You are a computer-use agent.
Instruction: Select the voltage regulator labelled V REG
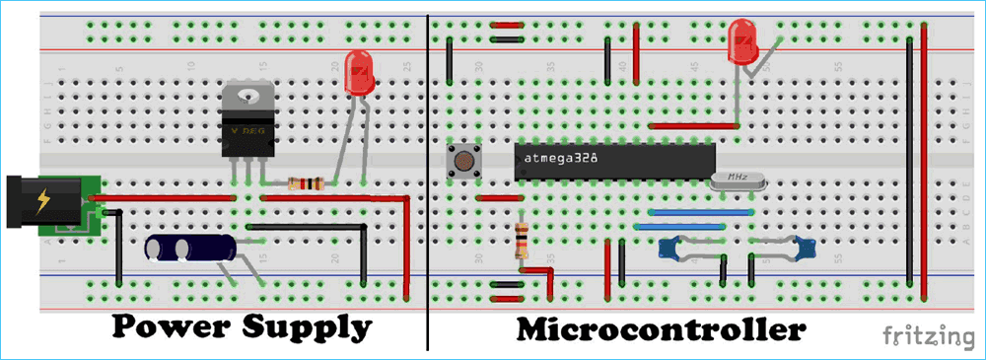[x=246, y=128]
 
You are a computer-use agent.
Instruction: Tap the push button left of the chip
[x=461, y=159]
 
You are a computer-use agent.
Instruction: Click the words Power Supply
[x=242, y=326]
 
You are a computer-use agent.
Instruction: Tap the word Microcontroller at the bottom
[x=660, y=328]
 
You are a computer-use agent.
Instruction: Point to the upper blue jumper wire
[x=690, y=211]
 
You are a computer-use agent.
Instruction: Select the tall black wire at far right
[x=906, y=158]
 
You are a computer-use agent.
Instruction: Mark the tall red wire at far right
[x=924, y=158]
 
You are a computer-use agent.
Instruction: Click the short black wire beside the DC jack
[x=118, y=247]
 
